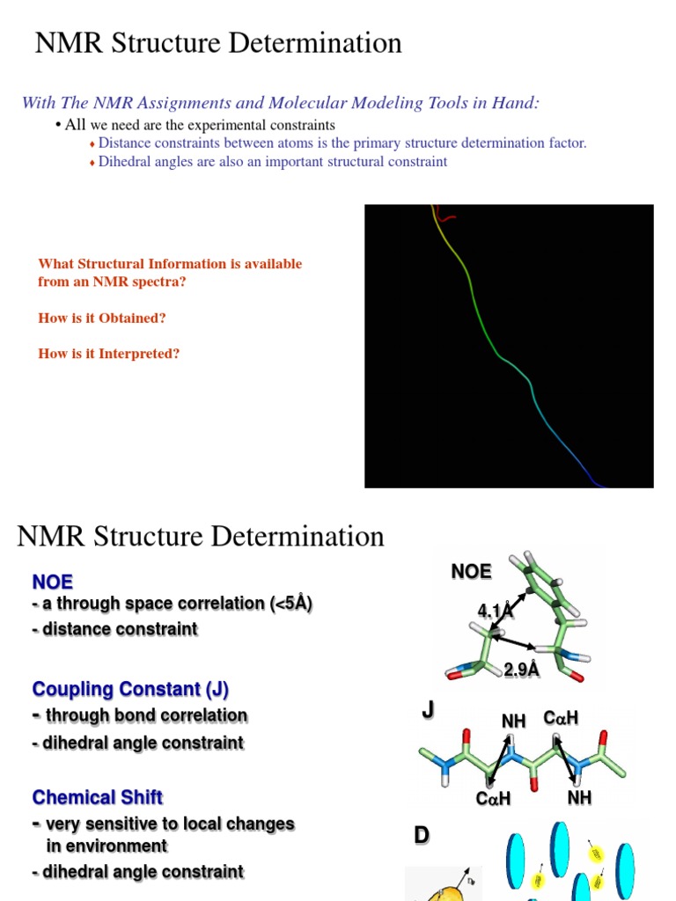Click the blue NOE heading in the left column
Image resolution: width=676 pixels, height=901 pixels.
pyautogui.click(x=53, y=582)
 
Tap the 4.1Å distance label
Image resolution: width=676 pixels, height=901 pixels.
pyautogui.click(x=495, y=611)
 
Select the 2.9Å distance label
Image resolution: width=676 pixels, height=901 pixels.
pyautogui.click(x=521, y=670)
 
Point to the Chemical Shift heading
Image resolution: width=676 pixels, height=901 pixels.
pyautogui.click(x=97, y=797)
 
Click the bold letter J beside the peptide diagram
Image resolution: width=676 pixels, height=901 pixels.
pyautogui.click(x=428, y=710)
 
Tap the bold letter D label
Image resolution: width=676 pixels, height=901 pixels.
pyautogui.click(x=422, y=836)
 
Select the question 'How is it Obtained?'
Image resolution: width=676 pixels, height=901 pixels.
pyautogui.click(x=102, y=318)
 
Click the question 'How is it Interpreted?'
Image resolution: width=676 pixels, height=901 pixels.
pyautogui.click(x=109, y=354)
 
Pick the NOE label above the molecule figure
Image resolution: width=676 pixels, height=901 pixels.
pyautogui.click(x=471, y=572)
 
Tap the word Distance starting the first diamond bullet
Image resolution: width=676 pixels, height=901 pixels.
pyautogui.click(x=124, y=143)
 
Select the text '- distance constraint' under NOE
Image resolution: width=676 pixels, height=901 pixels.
pyautogui.click(x=114, y=629)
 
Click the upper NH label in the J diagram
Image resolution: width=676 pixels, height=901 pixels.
pyautogui.click(x=513, y=722)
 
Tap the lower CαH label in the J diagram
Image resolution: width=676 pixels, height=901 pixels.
pyautogui.click(x=493, y=799)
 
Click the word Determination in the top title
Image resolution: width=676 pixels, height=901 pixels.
pyautogui.click(x=313, y=42)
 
